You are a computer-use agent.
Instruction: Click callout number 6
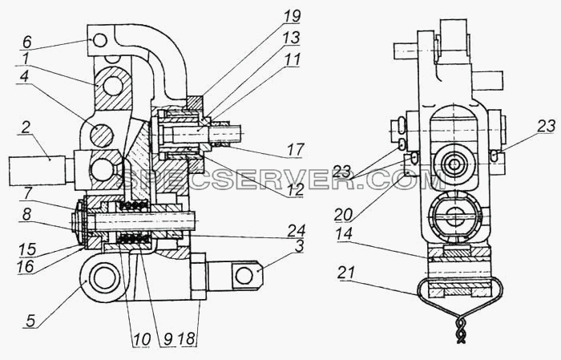27,42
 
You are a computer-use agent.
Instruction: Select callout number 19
293,16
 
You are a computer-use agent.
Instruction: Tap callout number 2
26,127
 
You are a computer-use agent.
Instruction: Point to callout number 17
296,150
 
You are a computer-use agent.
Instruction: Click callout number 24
297,230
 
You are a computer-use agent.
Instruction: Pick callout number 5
31,320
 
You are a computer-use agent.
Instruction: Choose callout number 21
346,273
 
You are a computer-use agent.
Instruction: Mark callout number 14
344,234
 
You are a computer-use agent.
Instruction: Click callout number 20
344,215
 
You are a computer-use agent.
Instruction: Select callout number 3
300,246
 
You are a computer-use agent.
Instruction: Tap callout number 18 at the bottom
189,338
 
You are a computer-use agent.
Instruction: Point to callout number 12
296,189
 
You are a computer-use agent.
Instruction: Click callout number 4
25,78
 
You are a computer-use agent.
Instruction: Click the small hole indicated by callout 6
100,41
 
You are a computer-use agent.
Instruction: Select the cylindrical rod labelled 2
37,170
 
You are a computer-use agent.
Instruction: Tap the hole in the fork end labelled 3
244,277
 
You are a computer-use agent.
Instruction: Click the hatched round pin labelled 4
102,136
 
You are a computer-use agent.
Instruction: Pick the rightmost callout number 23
547,126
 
